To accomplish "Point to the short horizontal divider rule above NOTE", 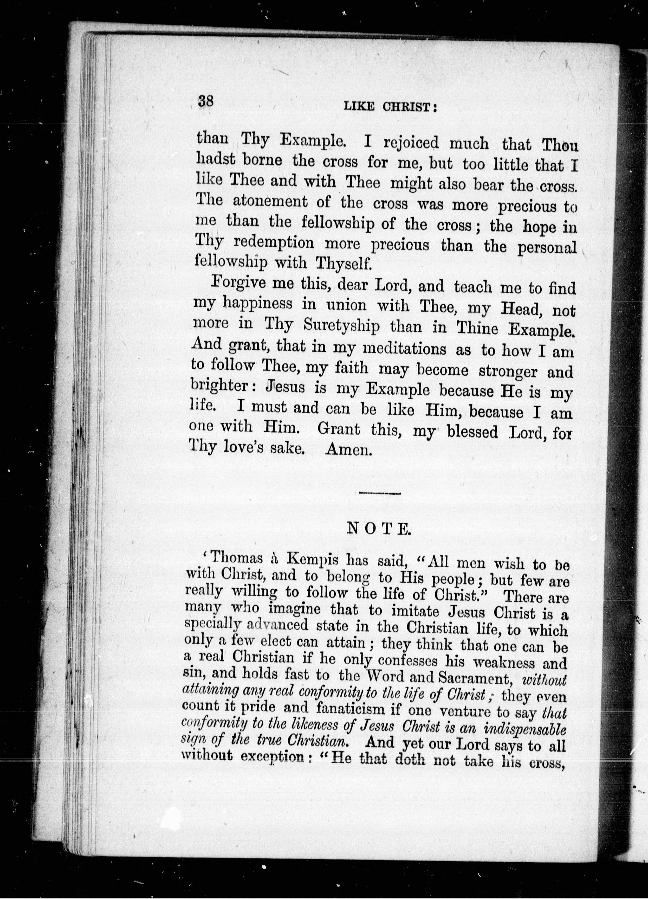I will tap(379, 493).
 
